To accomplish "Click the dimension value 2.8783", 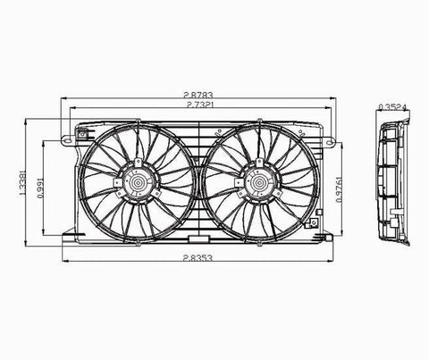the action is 198,95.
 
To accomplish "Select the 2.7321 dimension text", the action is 199,105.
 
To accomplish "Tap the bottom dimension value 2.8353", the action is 198,258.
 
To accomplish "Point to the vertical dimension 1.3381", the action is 22,183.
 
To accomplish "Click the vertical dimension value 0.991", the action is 41,188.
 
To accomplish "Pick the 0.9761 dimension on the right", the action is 339,190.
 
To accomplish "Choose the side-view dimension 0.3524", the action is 392,107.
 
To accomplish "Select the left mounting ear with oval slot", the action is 68,139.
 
